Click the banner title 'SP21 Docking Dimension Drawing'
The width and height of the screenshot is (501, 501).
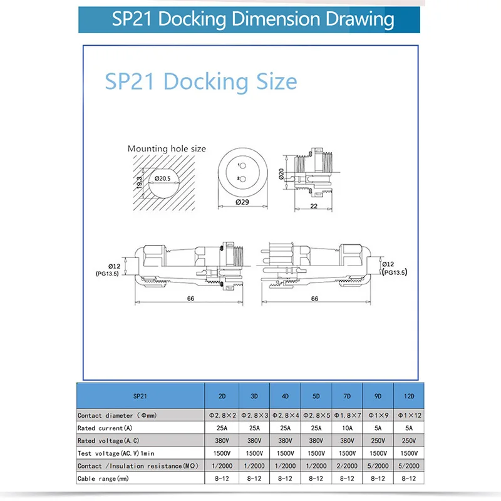coord(253,18)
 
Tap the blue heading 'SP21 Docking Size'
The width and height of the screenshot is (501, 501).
coord(201,82)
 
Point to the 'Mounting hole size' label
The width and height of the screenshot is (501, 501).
coord(167,148)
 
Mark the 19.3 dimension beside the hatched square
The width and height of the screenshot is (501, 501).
coord(140,180)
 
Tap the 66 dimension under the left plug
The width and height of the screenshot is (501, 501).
coord(190,298)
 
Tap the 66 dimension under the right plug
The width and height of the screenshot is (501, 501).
coord(315,299)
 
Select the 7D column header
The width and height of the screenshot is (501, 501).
coord(347,396)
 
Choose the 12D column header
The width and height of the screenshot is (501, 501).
coord(408,396)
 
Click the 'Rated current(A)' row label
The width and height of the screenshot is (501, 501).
coord(105,428)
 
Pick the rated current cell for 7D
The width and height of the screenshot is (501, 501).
coord(347,428)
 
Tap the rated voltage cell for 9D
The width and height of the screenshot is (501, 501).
coord(378,440)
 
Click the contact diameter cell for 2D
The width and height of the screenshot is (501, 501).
coord(222,416)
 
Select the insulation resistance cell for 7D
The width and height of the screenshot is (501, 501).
coord(347,466)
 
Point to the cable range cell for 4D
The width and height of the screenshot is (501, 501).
coord(285,478)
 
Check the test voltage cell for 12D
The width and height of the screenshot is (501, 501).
coord(408,453)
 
